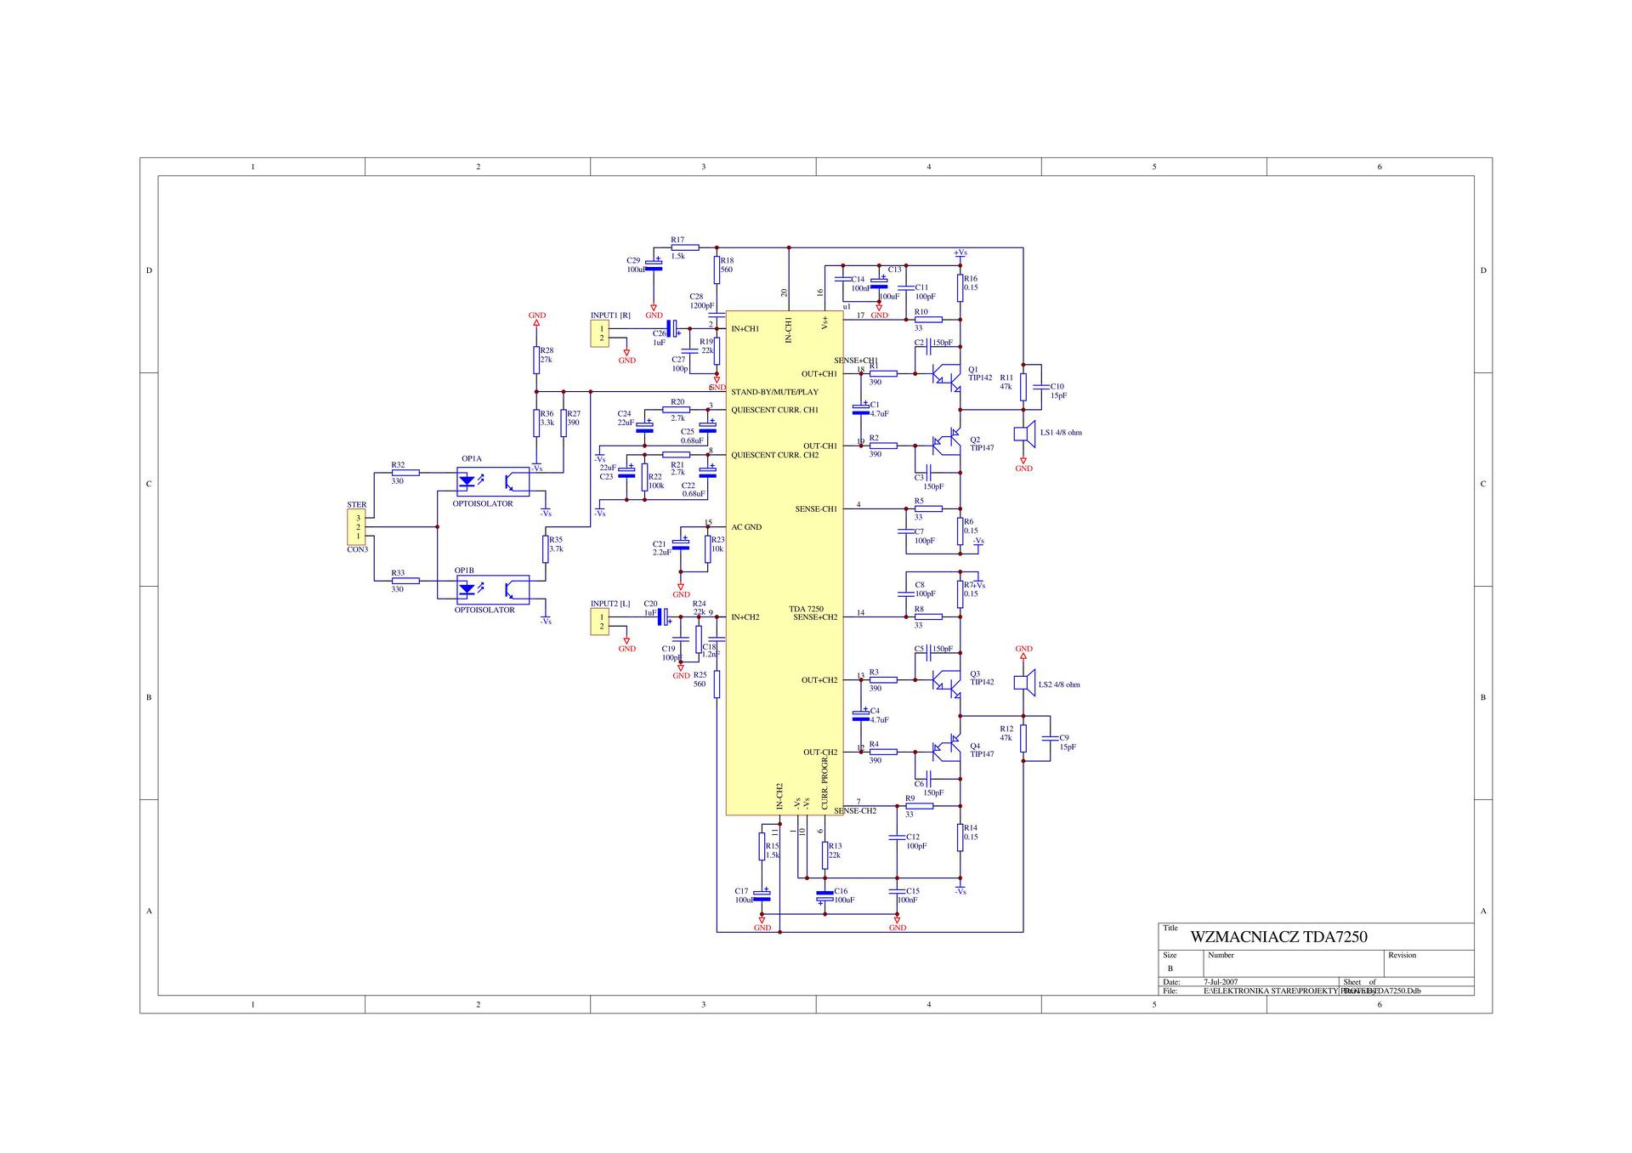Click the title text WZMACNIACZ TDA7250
point(1278,937)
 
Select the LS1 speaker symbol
point(1025,433)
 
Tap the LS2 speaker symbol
point(1024,684)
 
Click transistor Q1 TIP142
point(946,375)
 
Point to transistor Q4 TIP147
point(947,750)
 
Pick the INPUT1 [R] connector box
point(602,333)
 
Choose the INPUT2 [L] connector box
point(602,622)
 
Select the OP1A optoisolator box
point(493,481)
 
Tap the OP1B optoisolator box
point(493,589)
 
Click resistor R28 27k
point(536,360)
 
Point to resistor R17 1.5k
point(684,247)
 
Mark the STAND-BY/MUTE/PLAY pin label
point(774,392)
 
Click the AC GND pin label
point(745,527)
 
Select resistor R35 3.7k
point(546,549)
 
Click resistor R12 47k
point(1023,738)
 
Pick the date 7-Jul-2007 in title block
point(1221,982)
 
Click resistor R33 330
point(405,581)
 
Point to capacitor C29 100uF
point(654,264)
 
